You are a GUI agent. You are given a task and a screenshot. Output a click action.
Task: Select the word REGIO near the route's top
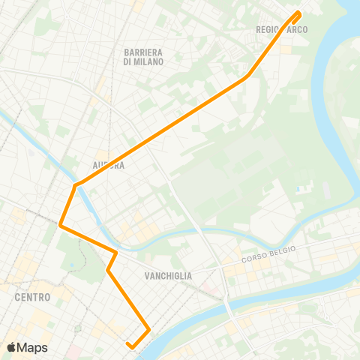[x=267, y=30]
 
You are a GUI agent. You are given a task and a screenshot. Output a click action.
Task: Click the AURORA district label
[x=108, y=165]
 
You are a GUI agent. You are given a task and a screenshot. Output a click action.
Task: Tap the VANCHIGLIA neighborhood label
[x=168, y=276]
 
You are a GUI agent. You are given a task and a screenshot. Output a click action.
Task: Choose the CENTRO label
[x=32, y=297]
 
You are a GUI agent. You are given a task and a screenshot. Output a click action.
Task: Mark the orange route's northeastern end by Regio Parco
[x=298, y=13]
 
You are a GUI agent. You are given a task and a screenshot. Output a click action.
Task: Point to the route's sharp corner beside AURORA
[x=76, y=184]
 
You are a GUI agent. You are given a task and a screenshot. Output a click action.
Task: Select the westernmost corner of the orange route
[x=60, y=224]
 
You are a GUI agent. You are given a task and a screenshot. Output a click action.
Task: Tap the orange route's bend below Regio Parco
[x=247, y=76]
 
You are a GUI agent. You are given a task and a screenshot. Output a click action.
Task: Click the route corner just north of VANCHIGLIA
[x=116, y=251]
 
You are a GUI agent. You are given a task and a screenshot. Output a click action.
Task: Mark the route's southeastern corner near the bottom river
[x=149, y=329]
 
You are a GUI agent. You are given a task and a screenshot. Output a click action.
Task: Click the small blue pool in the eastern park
[x=301, y=188]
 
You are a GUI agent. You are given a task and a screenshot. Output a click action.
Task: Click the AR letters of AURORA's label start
[x=96, y=165]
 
